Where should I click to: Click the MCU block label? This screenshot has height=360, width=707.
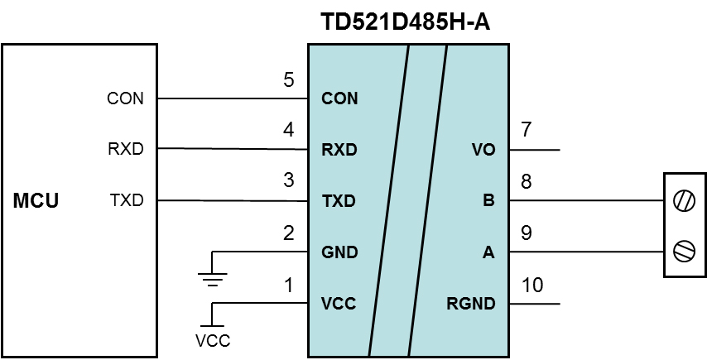36,201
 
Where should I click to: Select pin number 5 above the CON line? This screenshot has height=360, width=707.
288,80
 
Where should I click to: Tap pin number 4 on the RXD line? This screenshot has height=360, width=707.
288,131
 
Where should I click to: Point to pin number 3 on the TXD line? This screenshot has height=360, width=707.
288,181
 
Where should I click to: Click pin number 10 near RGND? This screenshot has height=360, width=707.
533,286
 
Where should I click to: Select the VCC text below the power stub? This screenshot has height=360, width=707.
213,341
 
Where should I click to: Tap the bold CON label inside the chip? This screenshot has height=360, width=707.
339,99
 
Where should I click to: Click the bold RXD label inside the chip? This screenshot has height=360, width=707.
339,151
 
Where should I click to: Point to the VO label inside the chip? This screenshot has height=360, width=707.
483,151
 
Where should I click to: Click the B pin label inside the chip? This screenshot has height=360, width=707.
489,201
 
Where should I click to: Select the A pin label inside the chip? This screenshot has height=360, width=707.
488,252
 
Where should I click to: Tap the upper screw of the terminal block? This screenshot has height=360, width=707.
684,200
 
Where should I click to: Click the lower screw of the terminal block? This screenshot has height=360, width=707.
684,251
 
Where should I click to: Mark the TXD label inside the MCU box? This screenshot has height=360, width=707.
126,200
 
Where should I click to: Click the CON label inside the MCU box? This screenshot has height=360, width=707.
125,99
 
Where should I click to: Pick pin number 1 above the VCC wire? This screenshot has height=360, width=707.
288,286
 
